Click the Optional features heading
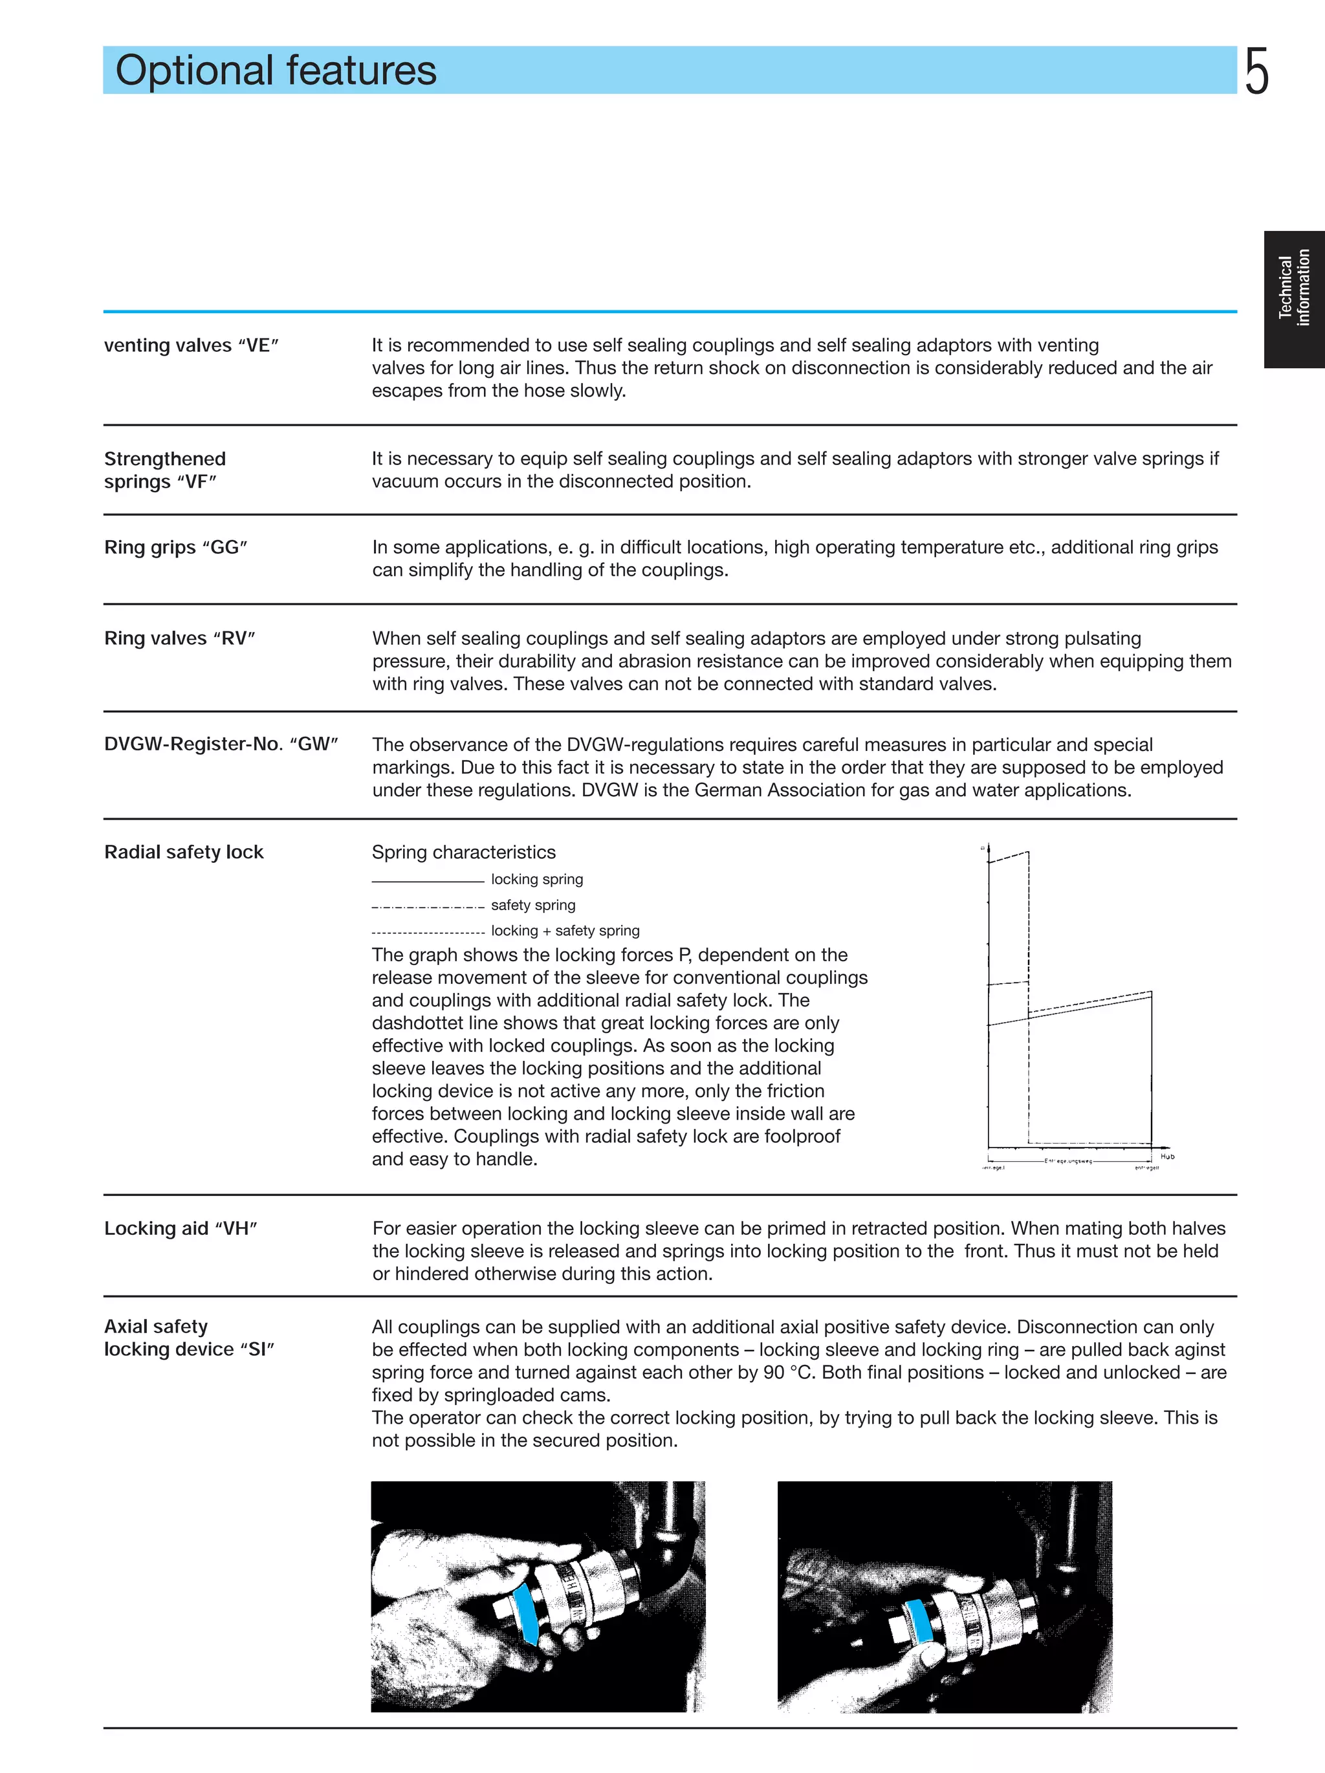(276, 71)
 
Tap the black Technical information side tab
(1294, 299)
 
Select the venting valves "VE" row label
(192, 345)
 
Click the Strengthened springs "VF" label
(165, 470)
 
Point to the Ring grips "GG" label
(175, 547)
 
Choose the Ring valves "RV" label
(180, 639)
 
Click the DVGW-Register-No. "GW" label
(221, 744)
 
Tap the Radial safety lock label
(184, 852)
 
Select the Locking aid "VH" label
(181, 1229)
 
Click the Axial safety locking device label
(189, 1338)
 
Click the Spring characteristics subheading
(463, 852)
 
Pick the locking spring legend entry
(536, 879)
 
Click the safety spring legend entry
(533, 905)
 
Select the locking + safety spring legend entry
(565, 931)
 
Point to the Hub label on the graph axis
(1167, 1157)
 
